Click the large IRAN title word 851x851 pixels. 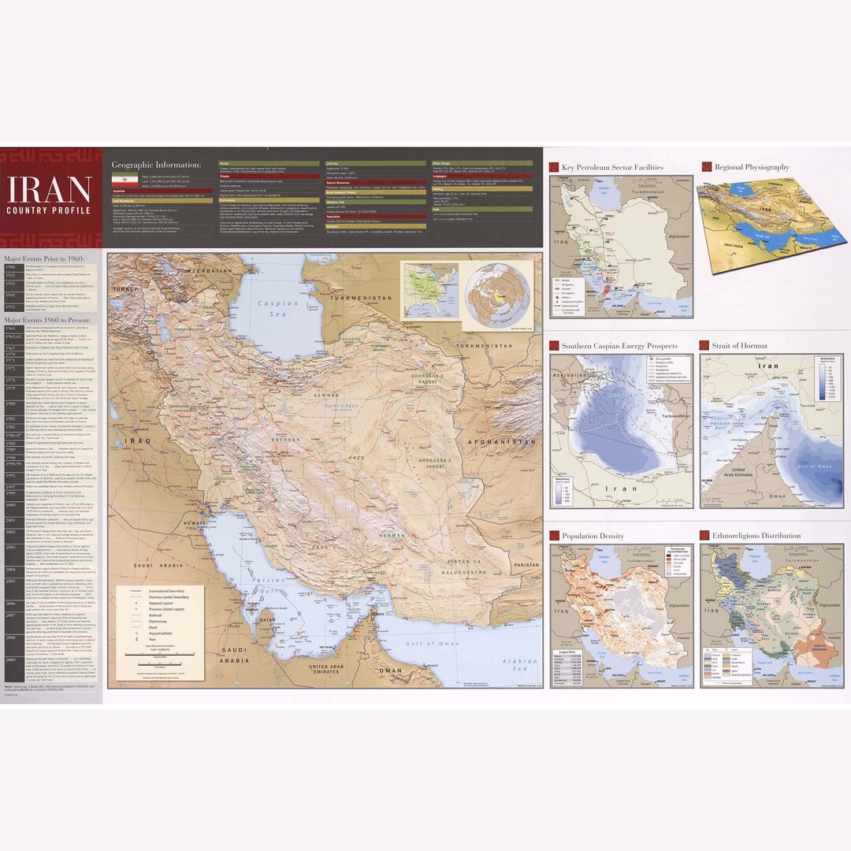49,190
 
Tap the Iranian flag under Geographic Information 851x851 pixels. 124,180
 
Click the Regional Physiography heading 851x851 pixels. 750,167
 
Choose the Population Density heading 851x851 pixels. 593,536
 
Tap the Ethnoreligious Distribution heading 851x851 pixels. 756,536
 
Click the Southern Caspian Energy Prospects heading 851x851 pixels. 619,345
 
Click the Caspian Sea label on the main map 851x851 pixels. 283,307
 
